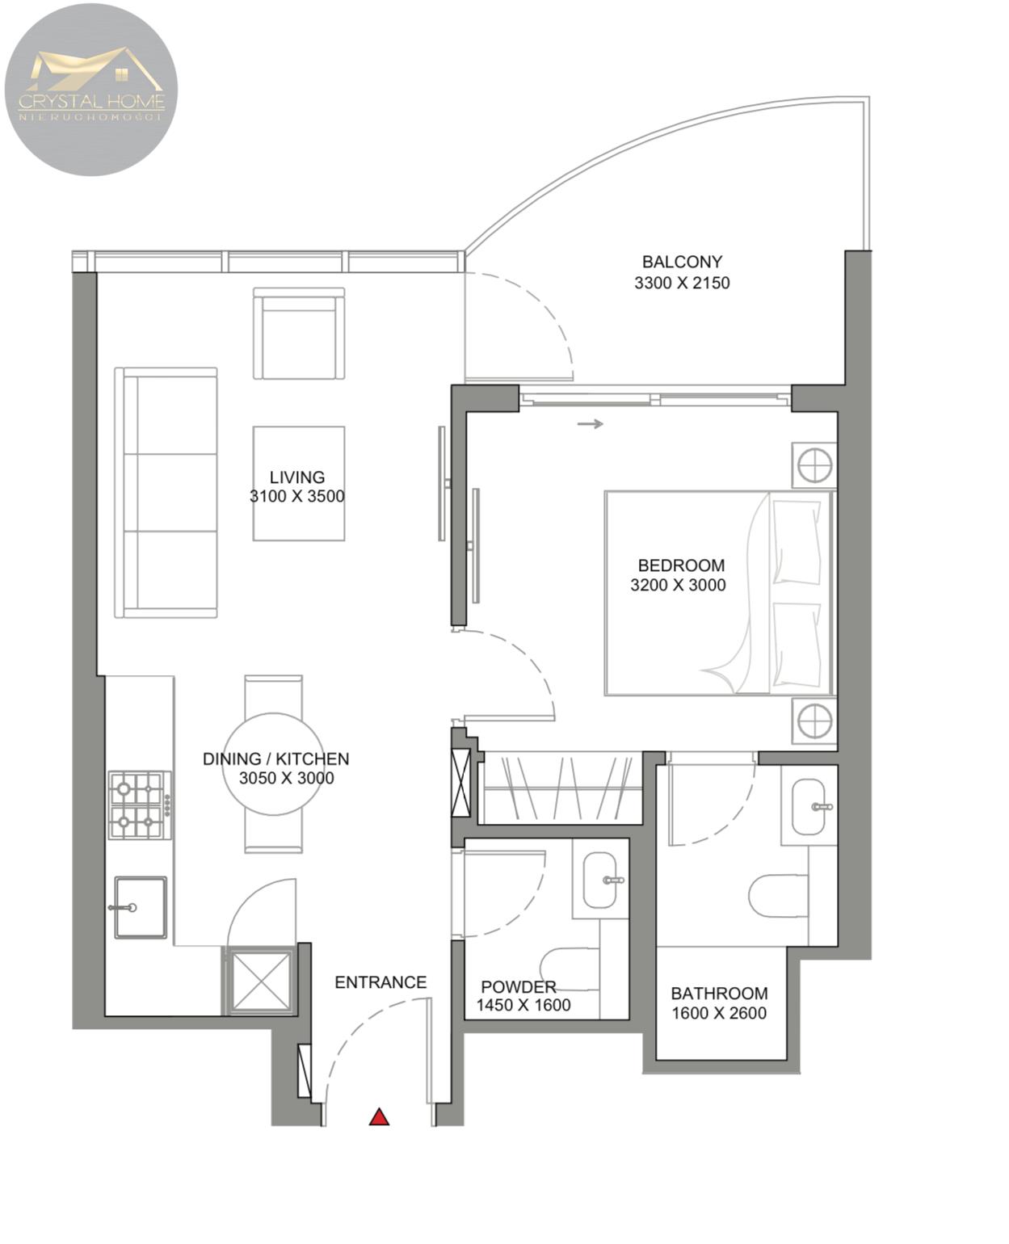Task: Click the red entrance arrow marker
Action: (379, 1116)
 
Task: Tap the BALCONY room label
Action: (682, 262)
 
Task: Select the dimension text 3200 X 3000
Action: (677, 585)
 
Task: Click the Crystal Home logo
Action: (91, 90)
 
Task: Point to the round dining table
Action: (273, 764)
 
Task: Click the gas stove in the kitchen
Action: (140, 805)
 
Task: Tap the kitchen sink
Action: (141, 907)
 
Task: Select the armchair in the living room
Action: (298, 333)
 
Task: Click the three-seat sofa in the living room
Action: (166, 492)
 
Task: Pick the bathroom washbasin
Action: (808, 806)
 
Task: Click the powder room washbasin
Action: (599, 880)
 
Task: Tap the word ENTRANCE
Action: (380, 982)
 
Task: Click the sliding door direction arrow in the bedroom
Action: (591, 424)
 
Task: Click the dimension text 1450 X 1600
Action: (523, 1005)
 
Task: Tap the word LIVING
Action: (297, 477)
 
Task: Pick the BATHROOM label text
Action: (719, 994)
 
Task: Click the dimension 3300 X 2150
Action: (682, 283)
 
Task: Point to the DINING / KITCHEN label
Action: (275, 759)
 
